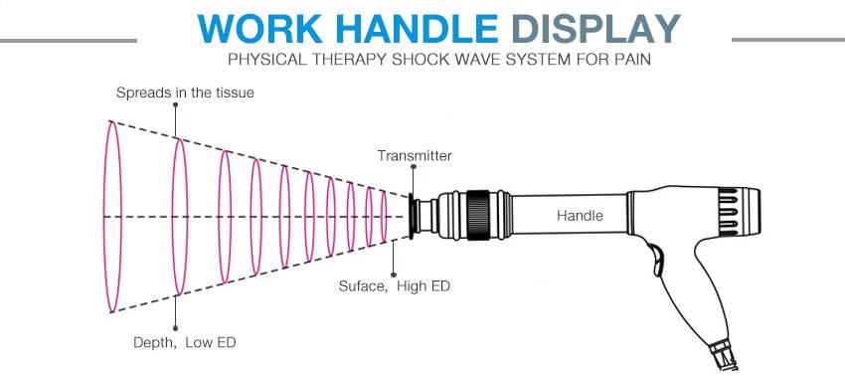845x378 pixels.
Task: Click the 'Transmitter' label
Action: [x=415, y=155]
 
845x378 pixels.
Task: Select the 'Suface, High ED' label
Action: [x=395, y=286]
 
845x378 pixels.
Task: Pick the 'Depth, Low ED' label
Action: [x=185, y=342]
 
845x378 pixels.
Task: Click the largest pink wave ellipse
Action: [x=112, y=216]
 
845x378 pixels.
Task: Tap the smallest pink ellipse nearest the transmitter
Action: [x=385, y=216]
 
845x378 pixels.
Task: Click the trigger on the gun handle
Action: [x=655, y=261]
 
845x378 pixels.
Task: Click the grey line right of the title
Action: [x=786, y=41]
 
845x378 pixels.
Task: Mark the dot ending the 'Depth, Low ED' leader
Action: [x=177, y=326]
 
